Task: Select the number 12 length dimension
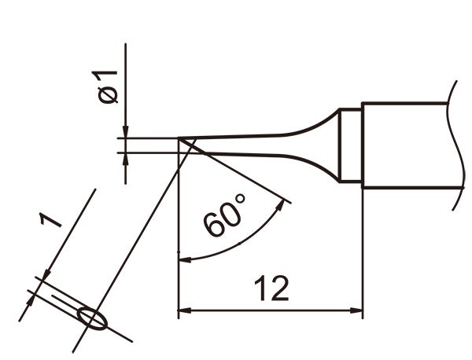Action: (271, 290)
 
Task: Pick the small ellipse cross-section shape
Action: (94, 318)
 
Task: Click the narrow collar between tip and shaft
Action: (350, 146)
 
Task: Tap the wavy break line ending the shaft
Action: (455, 145)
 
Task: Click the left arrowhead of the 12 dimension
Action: (186, 311)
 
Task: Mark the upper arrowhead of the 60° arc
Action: (283, 207)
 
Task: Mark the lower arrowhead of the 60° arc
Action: (186, 259)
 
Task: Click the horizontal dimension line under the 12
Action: (271, 311)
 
